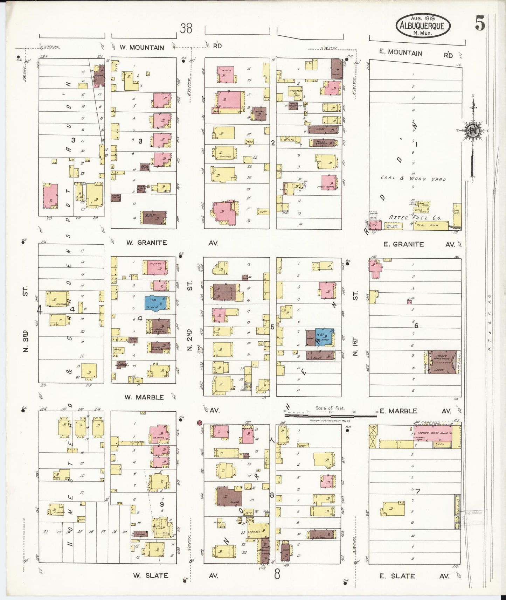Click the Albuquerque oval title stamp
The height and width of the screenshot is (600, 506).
pyautogui.click(x=423, y=26)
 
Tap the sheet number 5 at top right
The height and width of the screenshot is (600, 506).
pyautogui.click(x=480, y=24)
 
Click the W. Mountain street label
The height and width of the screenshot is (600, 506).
pyautogui.click(x=142, y=48)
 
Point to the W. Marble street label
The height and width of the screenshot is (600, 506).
pyautogui.click(x=144, y=397)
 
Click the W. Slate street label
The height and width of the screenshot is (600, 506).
pyautogui.click(x=151, y=575)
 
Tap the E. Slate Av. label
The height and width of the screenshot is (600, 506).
pyautogui.click(x=413, y=576)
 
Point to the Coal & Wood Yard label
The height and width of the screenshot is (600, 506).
pyautogui.click(x=413, y=179)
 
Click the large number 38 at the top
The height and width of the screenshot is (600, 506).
pyautogui.click(x=186, y=28)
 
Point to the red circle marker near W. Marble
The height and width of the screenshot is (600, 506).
pyautogui.click(x=200, y=423)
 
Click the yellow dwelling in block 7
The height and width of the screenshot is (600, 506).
pyautogui.click(x=392, y=508)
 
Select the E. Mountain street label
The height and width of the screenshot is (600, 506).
pyautogui.click(x=401, y=53)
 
